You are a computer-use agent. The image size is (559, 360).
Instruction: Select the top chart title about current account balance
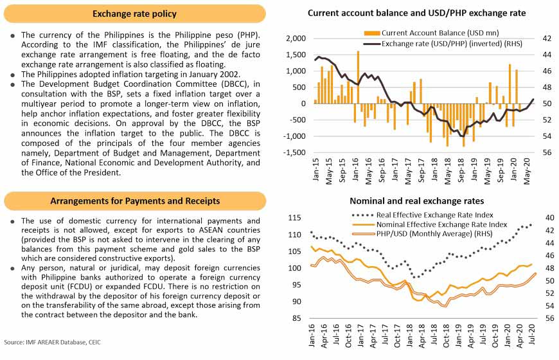[416, 13]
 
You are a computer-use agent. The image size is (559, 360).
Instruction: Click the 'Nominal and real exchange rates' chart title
[416, 201]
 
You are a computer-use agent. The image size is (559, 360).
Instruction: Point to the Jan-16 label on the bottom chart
[312, 338]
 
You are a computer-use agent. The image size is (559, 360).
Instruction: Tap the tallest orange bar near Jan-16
[358, 77]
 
